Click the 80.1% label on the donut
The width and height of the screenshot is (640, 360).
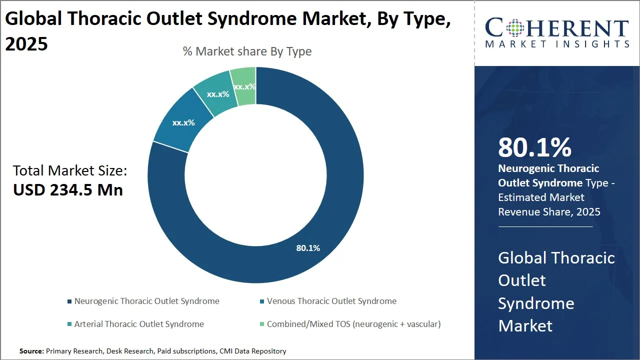[308, 248]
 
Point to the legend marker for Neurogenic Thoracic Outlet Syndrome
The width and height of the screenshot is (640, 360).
[69, 301]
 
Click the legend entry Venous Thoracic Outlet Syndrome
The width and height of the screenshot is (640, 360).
[331, 301]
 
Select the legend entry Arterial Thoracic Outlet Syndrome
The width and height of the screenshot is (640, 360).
[139, 324]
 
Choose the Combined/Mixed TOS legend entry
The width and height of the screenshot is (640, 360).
[353, 324]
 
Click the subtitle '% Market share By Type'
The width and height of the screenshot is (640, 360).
[247, 51]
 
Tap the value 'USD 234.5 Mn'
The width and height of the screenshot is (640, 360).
[68, 190]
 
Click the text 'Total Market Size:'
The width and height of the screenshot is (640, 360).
[70, 171]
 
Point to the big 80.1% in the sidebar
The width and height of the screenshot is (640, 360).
[534, 147]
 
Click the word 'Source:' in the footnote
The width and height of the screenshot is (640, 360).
[31, 351]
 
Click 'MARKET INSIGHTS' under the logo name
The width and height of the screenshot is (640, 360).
[557, 44]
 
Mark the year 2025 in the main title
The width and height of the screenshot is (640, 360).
[26, 44]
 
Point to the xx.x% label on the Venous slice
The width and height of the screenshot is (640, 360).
[183, 122]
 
